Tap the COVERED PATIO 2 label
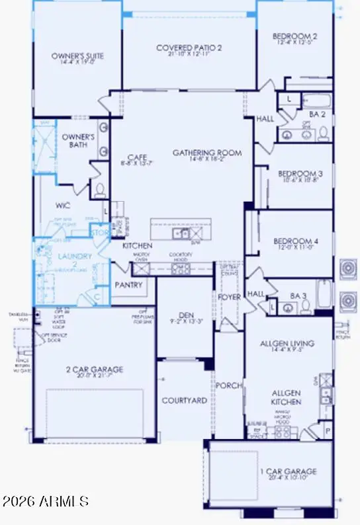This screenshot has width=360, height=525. coord(189,48)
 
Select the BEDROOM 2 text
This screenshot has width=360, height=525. coord(294,36)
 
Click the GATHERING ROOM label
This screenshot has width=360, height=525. coord(207,153)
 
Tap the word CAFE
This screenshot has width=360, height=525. coord(137,157)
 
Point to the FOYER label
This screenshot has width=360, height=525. coord(230,297)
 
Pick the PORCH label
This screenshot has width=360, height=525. coord(230,385)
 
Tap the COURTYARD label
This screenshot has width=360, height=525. coord(185,401)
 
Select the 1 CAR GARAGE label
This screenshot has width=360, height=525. coord(288,471)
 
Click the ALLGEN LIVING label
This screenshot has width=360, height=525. coord(287,344)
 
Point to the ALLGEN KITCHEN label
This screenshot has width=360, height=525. coord(287,397)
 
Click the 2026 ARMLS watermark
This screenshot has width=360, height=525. coord(46,501)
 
